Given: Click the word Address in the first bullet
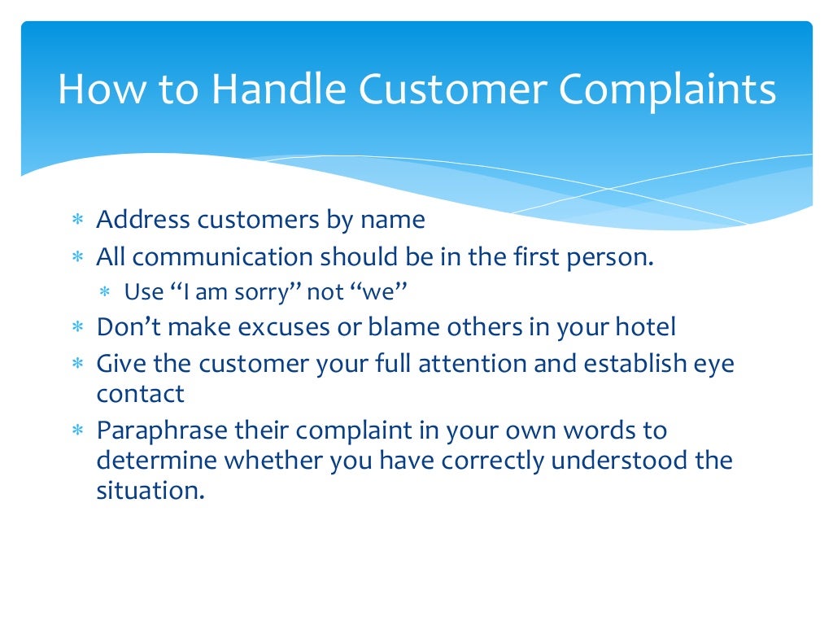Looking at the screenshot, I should [144, 220].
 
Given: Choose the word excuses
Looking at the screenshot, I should [283, 327].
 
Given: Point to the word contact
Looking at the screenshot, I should [140, 394].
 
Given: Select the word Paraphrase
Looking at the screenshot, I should [161, 431].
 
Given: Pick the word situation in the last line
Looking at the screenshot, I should [146, 491].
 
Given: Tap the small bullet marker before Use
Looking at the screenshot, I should [105, 293].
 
